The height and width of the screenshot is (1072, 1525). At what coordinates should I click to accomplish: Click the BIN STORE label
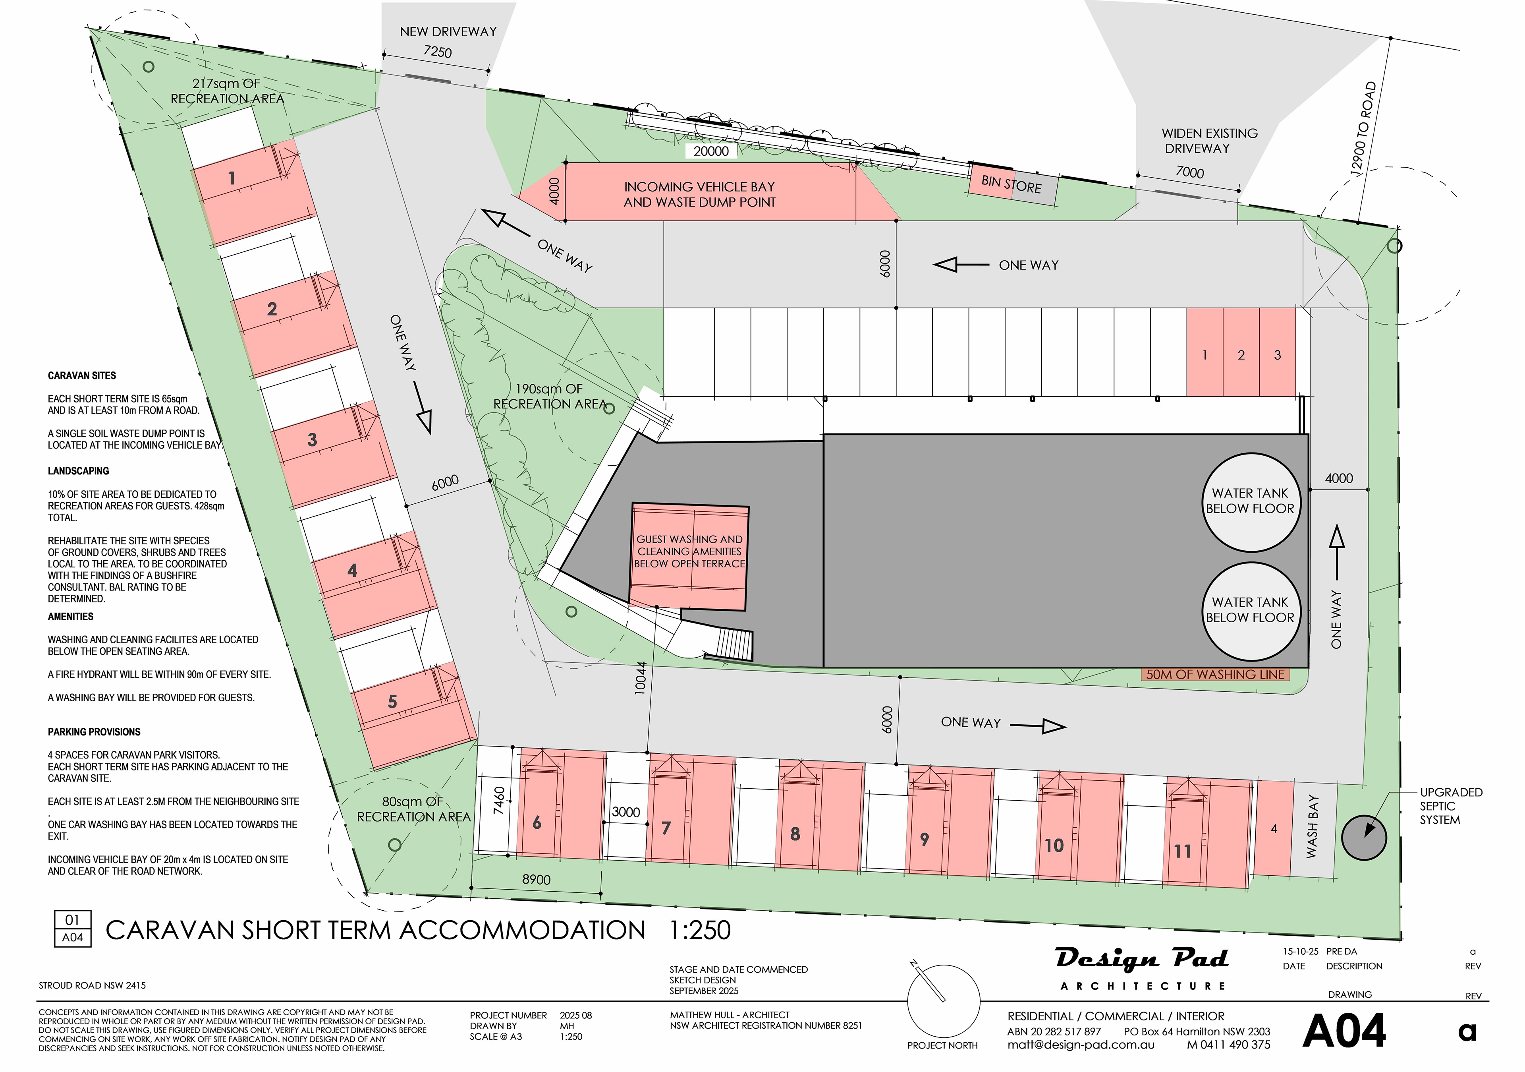[x=1012, y=184]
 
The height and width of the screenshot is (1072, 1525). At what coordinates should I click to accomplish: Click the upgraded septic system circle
[x=1364, y=838]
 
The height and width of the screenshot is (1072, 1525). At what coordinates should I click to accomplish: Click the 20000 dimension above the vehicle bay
[x=711, y=151]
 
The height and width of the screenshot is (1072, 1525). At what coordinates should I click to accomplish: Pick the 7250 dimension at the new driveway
[x=438, y=52]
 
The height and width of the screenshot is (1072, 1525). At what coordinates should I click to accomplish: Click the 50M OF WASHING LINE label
[x=1216, y=674]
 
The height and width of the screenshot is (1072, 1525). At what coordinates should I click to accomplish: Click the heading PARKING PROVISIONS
[x=94, y=732]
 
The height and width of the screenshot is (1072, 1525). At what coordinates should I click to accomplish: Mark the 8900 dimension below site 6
[x=536, y=879]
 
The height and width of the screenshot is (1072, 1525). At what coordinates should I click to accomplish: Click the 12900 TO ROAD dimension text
[x=1363, y=129]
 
